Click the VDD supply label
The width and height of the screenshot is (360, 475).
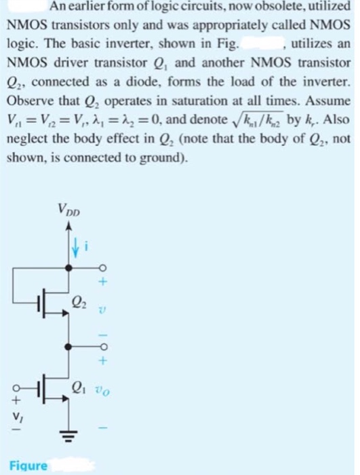coord(69,210)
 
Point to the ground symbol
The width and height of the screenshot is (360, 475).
coord(69,433)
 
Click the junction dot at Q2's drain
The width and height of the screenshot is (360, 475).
coord(69,268)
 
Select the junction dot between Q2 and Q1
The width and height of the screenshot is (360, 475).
coord(69,346)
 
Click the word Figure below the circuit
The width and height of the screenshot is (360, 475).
coord(28,465)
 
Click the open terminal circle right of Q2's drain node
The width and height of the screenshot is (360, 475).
coord(103,268)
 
